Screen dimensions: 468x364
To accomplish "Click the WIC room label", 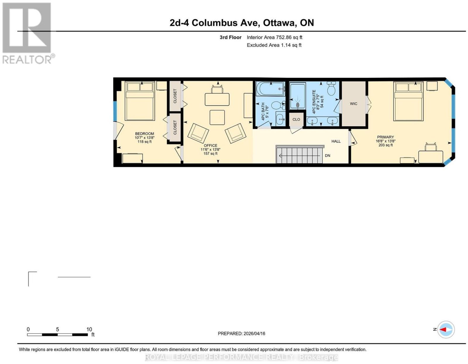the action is click(x=353, y=104).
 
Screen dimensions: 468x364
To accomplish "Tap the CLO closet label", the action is click(x=296, y=119).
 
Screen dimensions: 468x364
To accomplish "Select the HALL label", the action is click(x=336, y=141).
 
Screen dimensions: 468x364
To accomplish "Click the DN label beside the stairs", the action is click(x=327, y=155).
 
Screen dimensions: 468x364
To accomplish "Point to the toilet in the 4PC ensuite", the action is click(x=331, y=88).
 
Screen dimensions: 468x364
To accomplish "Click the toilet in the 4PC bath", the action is click(x=278, y=105).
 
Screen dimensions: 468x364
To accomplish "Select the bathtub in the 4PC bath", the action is click(x=270, y=89).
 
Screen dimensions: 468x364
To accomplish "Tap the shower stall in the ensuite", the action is click(x=298, y=96).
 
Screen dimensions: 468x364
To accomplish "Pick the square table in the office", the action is click(x=217, y=117).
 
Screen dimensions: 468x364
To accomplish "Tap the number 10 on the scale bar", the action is click(x=89, y=329).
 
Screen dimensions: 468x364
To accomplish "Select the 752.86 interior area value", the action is click(x=284, y=37).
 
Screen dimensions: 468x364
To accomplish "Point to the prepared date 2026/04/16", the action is click(x=254, y=334).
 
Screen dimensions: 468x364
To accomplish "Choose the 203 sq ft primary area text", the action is click(x=386, y=145).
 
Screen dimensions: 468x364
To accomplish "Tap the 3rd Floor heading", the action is click(x=230, y=37).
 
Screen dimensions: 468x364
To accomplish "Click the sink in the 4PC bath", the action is click(x=280, y=118).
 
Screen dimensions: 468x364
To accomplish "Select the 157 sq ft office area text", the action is click(x=210, y=153).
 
